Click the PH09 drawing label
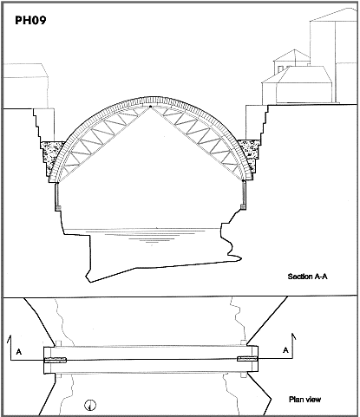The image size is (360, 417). point(30,20)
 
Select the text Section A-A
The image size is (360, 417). point(307,277)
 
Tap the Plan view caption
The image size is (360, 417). point(304,400)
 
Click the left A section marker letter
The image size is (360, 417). point(19,352)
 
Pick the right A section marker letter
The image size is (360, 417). point(285,350)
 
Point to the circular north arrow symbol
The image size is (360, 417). point(90,405)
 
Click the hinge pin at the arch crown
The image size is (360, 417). point(150,108)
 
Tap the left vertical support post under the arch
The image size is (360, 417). point(57,194)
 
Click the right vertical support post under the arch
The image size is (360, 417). point(244,192)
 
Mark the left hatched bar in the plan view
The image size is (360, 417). point(55,360)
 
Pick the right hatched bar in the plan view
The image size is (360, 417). point(247,359)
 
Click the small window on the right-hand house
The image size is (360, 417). point(281,69)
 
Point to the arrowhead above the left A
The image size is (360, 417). point(10,337)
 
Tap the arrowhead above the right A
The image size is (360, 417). point(294,336)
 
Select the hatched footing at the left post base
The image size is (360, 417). point(57,208)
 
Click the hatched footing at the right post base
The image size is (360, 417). point(243,207)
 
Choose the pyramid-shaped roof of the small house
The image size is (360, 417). point(291,55)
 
